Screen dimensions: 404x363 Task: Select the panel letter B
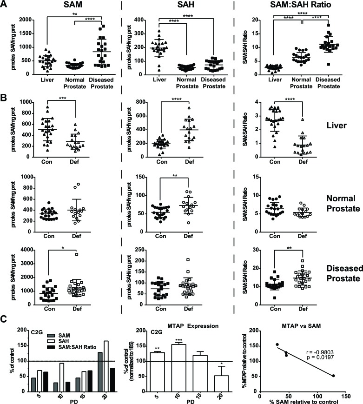pos(5,86)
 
